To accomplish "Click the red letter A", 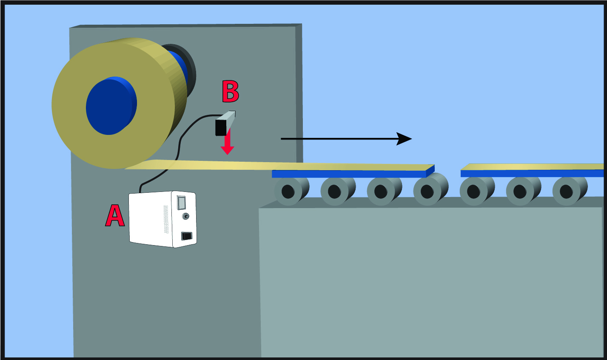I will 114,216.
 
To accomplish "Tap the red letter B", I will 230,91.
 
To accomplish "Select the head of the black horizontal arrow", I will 404,139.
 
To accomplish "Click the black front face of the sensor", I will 221,127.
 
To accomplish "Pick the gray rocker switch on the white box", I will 181,203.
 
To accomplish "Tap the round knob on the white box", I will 185,217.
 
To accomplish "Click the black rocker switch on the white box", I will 186,235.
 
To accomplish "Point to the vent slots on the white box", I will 165,220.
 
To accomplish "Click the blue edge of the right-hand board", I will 532,173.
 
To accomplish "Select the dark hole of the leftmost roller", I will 288,191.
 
